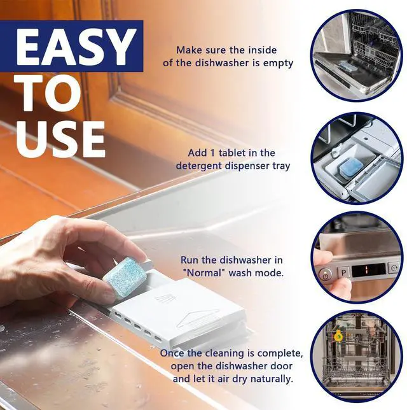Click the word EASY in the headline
(x=76, y=47)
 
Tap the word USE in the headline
(x=60, y=139)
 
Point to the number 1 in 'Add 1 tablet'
(x=212, y=153)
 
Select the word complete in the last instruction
(x=280, y=354)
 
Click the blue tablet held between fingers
(x=125, y=277)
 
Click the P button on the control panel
(x=343, y=273)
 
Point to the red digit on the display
(x=366, y=269)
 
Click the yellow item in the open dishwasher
(x=338, y=336)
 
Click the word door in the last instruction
(x=282, y=366)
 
